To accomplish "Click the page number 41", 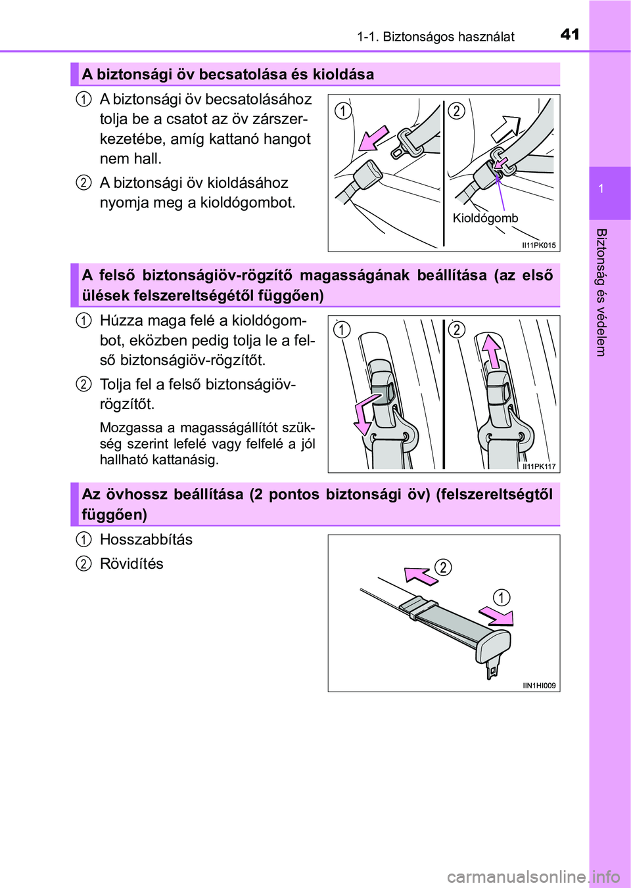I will coord(570,34).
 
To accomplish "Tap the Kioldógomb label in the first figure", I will coord(485,218).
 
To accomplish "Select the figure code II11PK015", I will coord(538,245).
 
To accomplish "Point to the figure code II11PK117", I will coord(538,466).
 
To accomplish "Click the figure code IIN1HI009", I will coord(539,686).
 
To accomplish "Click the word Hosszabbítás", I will coord(146,540).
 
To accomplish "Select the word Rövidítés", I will coord(131,564).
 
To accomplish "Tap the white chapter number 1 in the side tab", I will coord(601,189).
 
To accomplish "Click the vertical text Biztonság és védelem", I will coord(601,292).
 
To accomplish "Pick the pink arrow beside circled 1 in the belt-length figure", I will coord(497,616).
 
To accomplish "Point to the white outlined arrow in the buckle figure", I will coord(505,128).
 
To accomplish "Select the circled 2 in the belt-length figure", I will coord(444,567).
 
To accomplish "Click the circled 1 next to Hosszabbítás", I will coord(83,540).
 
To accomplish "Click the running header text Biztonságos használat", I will coord(448,37).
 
